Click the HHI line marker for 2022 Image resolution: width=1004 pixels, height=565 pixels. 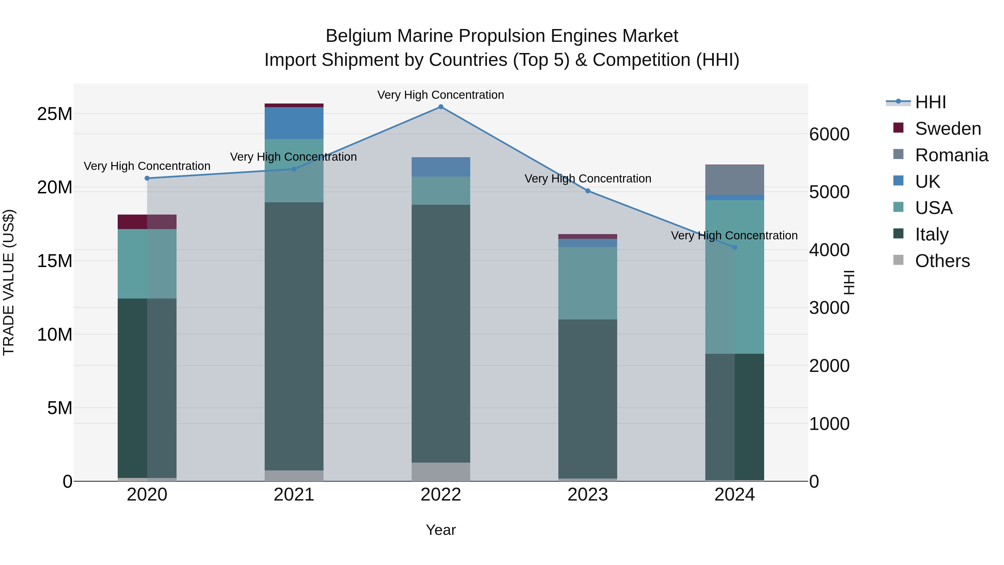441,107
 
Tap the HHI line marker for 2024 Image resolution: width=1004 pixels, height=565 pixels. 735,247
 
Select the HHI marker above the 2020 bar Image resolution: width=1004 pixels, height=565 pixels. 147,178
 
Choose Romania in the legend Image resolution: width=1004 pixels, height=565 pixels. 951,155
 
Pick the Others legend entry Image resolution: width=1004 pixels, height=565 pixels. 942,261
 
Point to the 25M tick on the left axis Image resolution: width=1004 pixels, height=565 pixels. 55,114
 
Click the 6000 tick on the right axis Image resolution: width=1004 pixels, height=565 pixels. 829,134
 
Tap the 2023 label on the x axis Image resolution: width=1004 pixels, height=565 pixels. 587,495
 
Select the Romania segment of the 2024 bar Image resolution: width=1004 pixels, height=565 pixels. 735,180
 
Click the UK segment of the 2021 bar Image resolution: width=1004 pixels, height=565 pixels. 294,123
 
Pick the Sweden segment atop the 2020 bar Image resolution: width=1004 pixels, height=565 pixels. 147,222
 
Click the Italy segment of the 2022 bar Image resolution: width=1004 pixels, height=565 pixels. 441,333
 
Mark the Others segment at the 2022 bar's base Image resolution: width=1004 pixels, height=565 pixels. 441,472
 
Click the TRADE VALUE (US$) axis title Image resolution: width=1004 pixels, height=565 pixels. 9,283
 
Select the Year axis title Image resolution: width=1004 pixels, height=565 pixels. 441,530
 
